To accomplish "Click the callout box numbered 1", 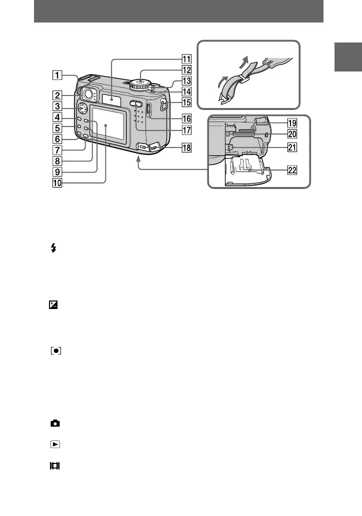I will (x=59, y=76).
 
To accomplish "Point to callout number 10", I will (x=59, y=183).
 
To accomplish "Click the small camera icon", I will (x=54, y=423).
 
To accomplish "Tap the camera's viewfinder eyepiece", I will (x=89, y=93).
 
